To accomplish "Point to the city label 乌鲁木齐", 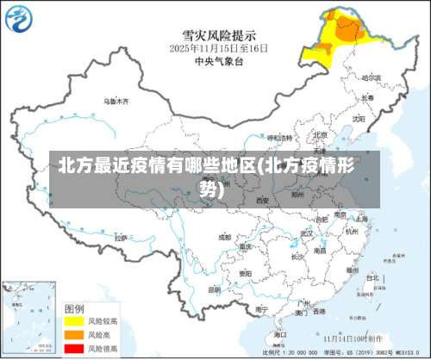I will [116, 102].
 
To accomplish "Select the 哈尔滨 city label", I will [371, 78].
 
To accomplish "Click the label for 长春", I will [367, 97].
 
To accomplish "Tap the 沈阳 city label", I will [357, 119].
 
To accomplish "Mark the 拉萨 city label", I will [121, 236].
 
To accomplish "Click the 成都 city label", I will [225, 236].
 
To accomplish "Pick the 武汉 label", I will [305, 233].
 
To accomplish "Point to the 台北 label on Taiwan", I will [372, 278].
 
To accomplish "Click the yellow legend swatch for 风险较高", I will [76, 320].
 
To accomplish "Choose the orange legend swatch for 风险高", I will [76, 333].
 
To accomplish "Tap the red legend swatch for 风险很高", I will [76, 346].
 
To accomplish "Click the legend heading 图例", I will [75, 307].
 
